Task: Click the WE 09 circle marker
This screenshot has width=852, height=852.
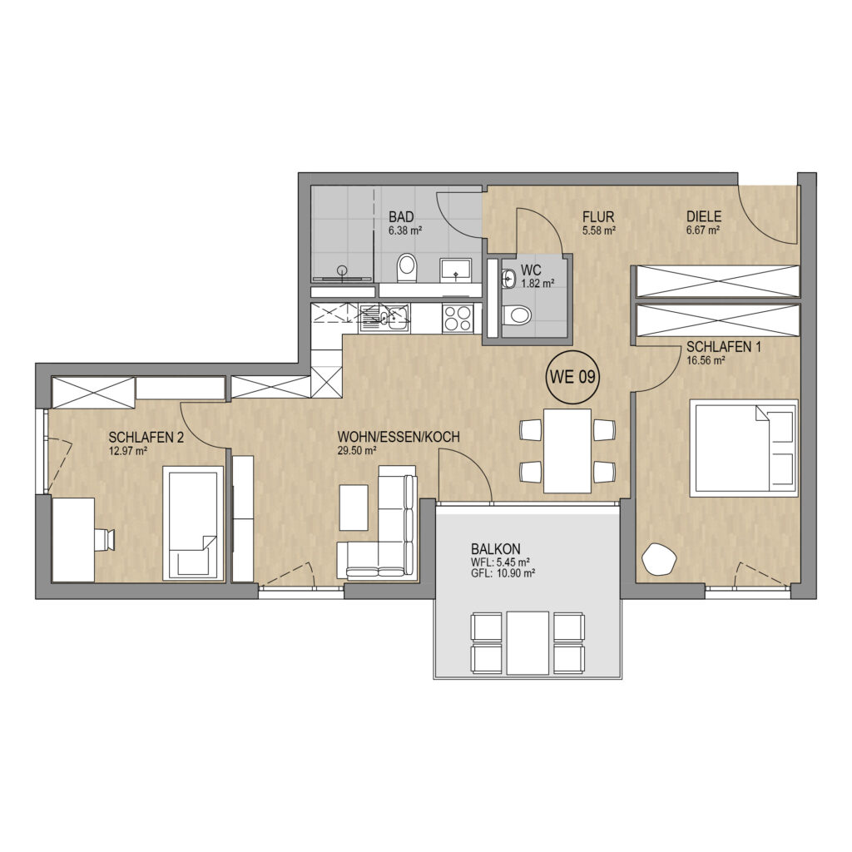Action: [572, 377]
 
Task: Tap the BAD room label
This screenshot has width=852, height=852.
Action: [401, 218]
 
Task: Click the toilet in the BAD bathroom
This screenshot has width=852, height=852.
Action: [406, 268]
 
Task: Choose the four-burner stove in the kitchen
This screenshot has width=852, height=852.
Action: [458, 319]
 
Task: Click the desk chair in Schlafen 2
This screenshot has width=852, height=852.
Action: [105, 539]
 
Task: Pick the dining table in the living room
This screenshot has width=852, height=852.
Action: [567, 451]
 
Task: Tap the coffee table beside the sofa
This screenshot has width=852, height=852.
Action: [353, 507]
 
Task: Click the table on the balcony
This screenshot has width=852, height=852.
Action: [528, 643]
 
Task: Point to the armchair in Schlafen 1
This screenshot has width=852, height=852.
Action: [659, 557]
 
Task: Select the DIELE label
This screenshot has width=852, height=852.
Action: [703, 218]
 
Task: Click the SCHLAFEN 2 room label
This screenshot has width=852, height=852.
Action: [146, 438]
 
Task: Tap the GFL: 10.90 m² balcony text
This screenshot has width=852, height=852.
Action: [503, 572]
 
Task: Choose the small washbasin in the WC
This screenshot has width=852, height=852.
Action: [508, 280]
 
